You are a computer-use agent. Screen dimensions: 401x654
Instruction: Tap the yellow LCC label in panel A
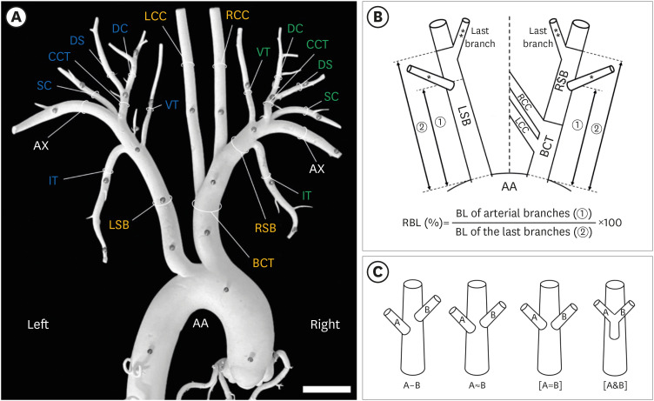[x=157, y=17]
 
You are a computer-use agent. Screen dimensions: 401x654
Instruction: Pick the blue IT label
[x=55, y=180]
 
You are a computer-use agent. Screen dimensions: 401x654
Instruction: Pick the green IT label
[x=307, y=197]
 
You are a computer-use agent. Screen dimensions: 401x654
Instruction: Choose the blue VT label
[x=173, y=104]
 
